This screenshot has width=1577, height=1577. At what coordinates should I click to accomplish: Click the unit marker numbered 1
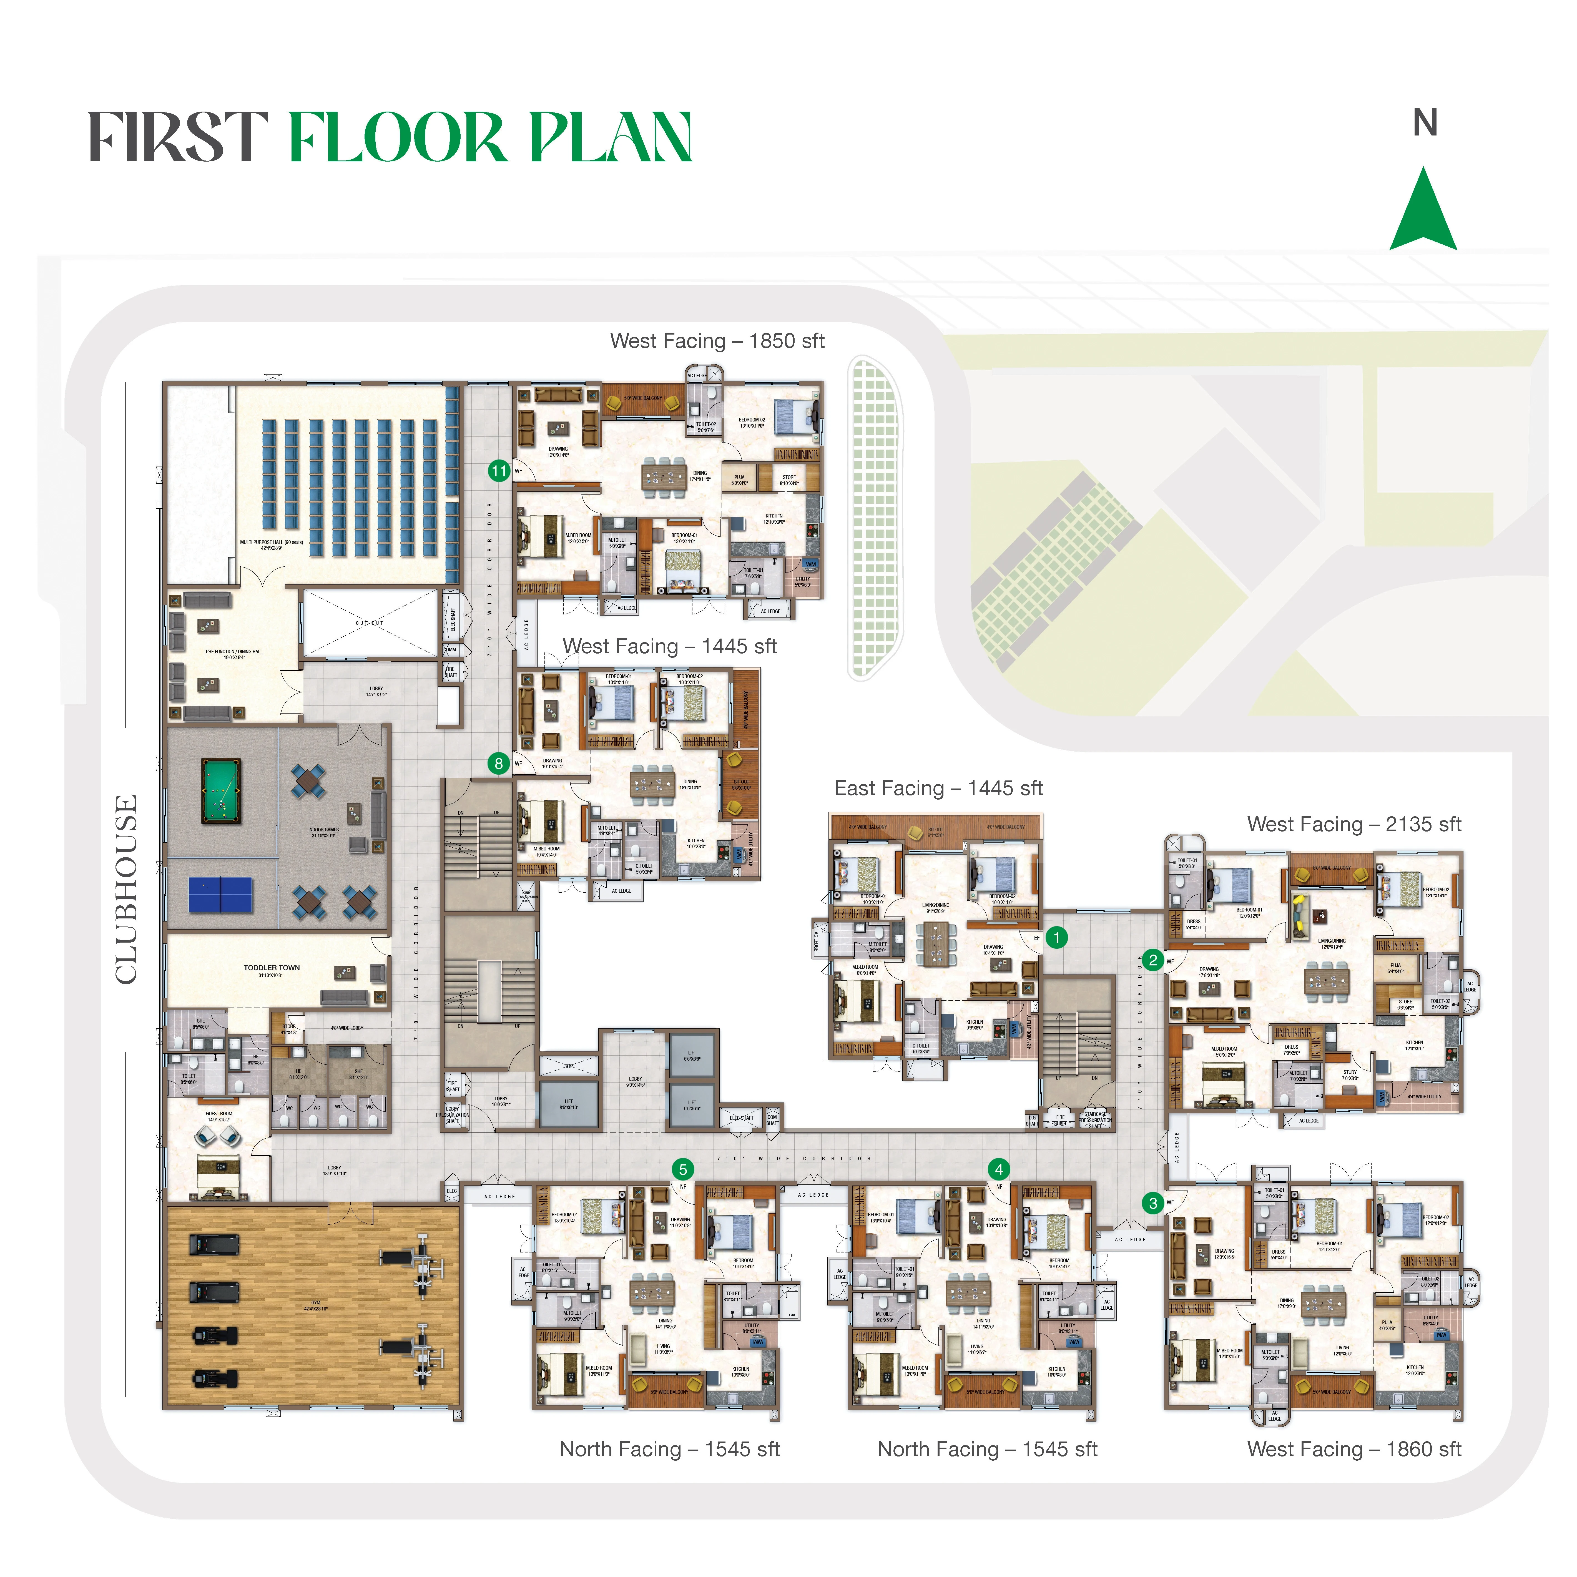coord(1056,937)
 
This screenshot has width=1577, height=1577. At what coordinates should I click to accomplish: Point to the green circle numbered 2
coord(1152,959)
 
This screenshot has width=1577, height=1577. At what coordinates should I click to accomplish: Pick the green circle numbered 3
coord(1152,1203)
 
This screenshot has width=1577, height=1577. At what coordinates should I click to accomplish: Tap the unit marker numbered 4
coord(998,1169)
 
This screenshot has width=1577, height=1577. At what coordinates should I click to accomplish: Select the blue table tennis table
coord(220,894)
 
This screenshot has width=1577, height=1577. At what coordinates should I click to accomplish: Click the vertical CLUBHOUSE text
coord(127,890)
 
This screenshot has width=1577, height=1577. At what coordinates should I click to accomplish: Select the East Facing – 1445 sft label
coord(938,788)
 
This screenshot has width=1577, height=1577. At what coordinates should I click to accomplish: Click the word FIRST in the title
coord(178,137)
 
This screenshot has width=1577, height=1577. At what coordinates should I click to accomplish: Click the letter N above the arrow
coord(1424,123)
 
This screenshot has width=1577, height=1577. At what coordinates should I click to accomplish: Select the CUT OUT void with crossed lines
coord(370,624)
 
